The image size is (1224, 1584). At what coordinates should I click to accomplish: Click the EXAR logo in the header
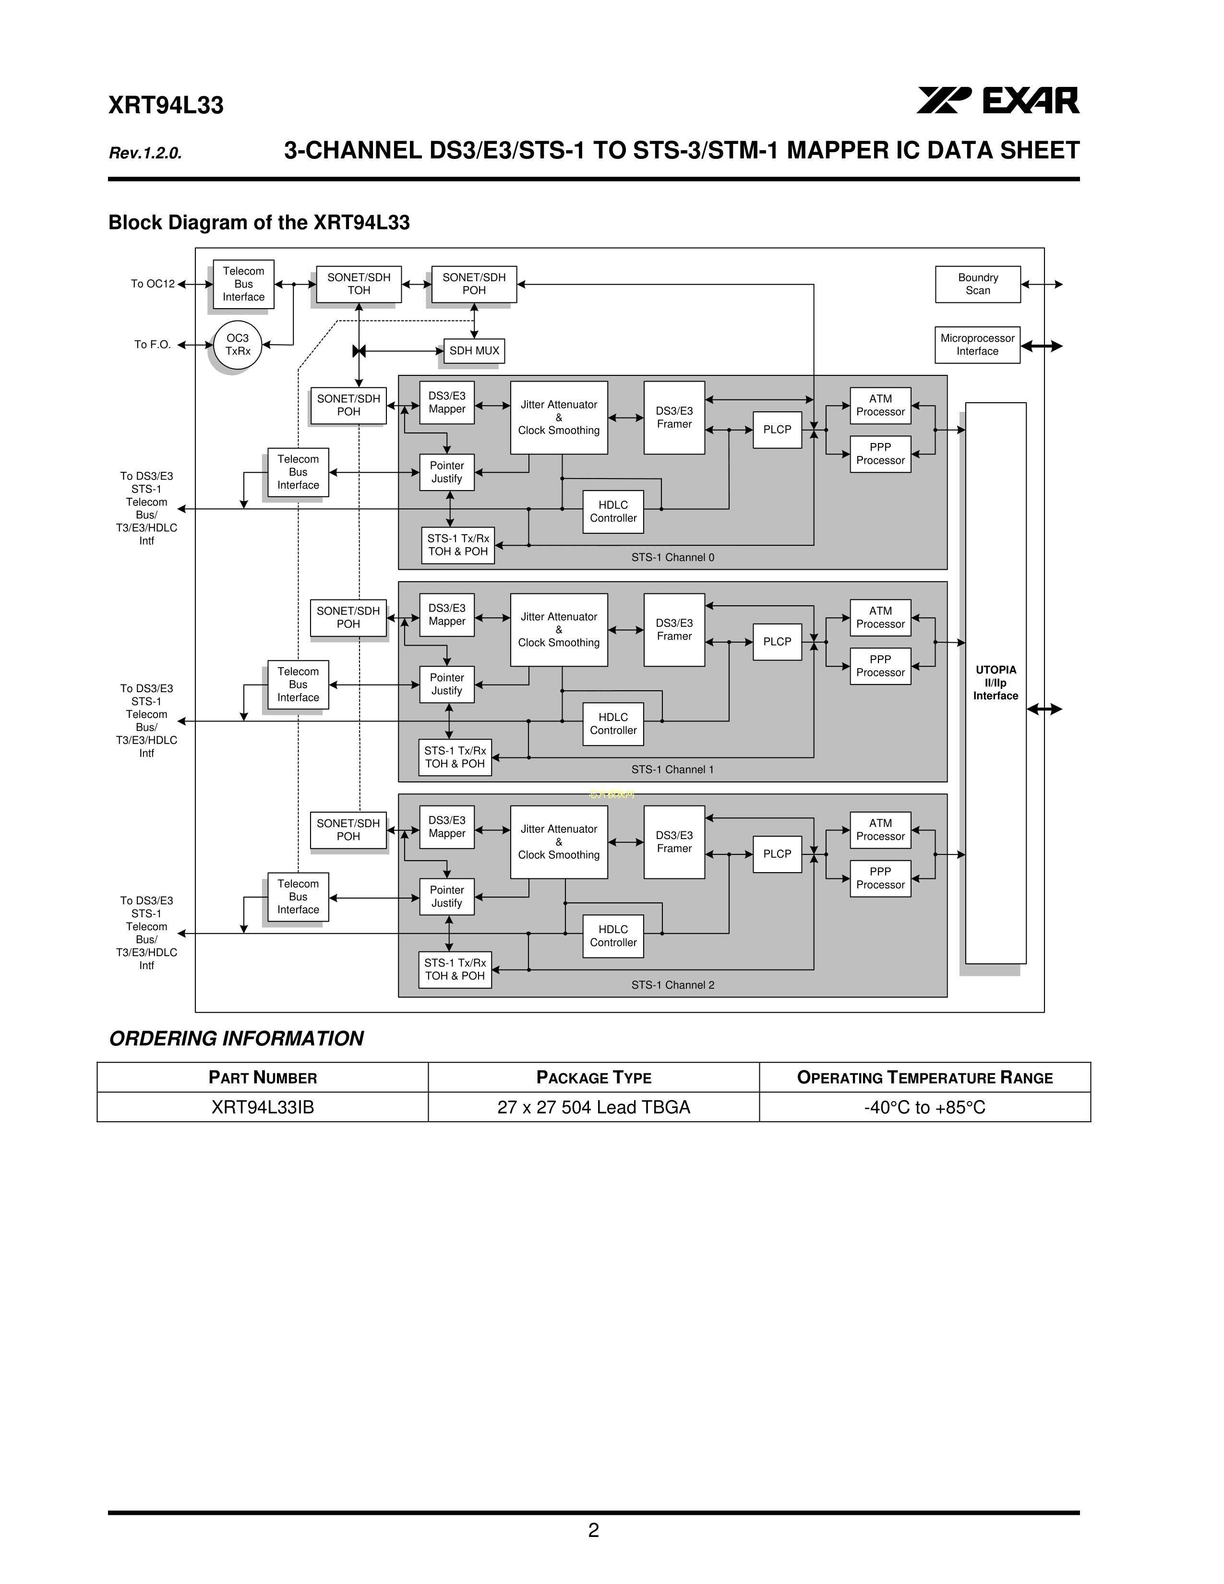pos(998,100)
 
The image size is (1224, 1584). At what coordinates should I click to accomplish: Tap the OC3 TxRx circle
pos(237,345)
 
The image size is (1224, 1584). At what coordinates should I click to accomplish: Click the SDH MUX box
pos(474,351)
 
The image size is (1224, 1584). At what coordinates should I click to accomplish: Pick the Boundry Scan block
pos(977,284)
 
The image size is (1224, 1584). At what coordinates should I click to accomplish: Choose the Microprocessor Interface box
pos(977,345)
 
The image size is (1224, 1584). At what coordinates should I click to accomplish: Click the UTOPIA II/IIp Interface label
pos(996,683)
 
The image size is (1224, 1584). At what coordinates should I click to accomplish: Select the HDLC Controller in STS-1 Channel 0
pos(613,511)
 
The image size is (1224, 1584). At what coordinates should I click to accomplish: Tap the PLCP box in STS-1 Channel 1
pos(777,642)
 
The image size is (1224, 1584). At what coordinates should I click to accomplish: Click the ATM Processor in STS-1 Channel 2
pos(880,830)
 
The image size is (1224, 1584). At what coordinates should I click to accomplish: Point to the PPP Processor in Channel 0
pos(880,454)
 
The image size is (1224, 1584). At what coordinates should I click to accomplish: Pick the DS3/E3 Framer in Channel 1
pos(673,630)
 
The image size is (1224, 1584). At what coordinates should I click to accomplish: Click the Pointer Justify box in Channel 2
pos(447,897)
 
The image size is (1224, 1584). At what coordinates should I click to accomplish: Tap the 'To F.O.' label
pos(152,345)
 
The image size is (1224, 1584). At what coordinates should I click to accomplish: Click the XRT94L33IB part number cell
pos(263,1107)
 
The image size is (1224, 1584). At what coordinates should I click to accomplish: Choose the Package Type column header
pos(594,1078)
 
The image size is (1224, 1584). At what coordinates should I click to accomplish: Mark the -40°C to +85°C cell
pos(924,1107)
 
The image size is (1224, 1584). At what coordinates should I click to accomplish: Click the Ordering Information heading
pos(236,1039)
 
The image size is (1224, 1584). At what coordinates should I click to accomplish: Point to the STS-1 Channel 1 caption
pos(672,769)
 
